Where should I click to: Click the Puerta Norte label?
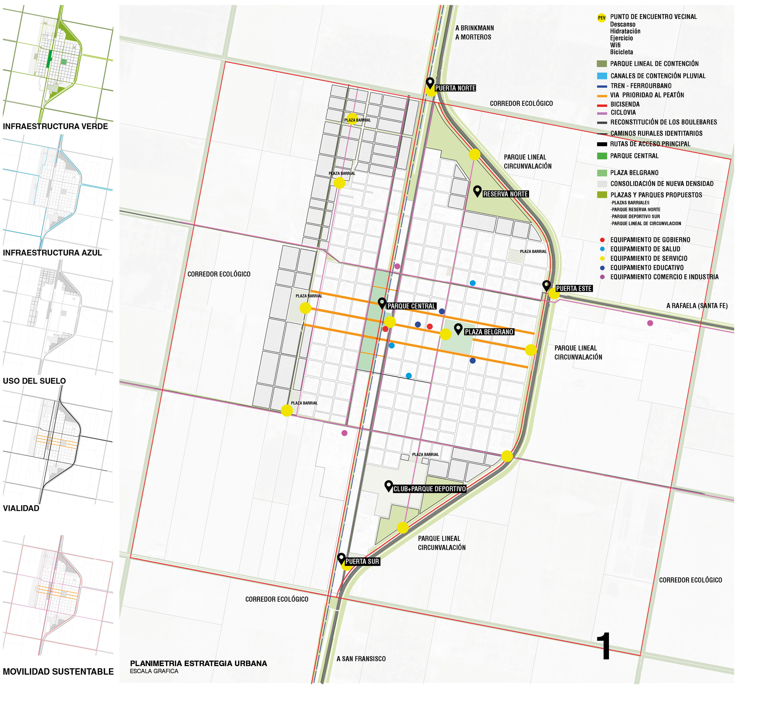tap(455, 88)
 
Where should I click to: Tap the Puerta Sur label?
tap(362, 562)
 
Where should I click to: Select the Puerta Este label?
tap(573, 288)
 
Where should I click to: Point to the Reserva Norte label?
tap(505, 194)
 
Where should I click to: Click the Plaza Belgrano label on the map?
tap(489, 332)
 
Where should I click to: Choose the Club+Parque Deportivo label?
tap(429, 489)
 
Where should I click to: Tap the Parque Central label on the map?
tap(411, 306)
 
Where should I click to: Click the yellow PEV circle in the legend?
tap(601, 18)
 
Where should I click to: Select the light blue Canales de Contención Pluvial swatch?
tap(602, 76)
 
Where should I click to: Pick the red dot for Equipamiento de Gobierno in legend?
tap(602, 240)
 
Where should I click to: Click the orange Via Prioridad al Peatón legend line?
tap(602, 95)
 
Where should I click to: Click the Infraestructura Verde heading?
tap(56, 126)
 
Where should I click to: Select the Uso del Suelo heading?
tap(34, 381)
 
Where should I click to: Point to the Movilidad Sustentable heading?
tap(58, 671)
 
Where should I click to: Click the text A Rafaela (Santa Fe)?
tap(696, 306)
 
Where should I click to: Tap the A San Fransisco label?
tap(361, 659)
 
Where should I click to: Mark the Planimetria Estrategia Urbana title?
tap(198, 663)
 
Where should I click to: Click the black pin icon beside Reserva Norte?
tap(477, 191)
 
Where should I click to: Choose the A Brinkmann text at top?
tap(475, 28)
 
